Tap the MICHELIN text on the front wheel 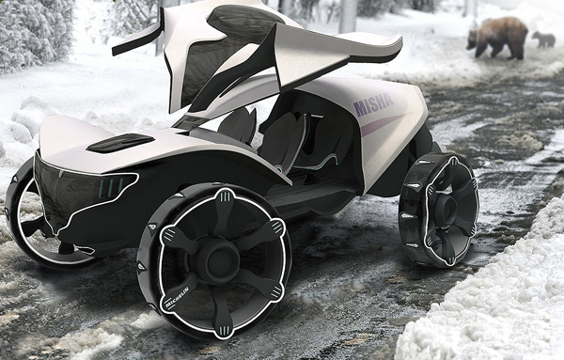[177, 297]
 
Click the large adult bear [497, 38]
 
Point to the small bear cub [544, 39]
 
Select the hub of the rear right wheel [447, 210]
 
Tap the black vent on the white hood [120, 143]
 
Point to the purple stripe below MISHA [382, 125]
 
